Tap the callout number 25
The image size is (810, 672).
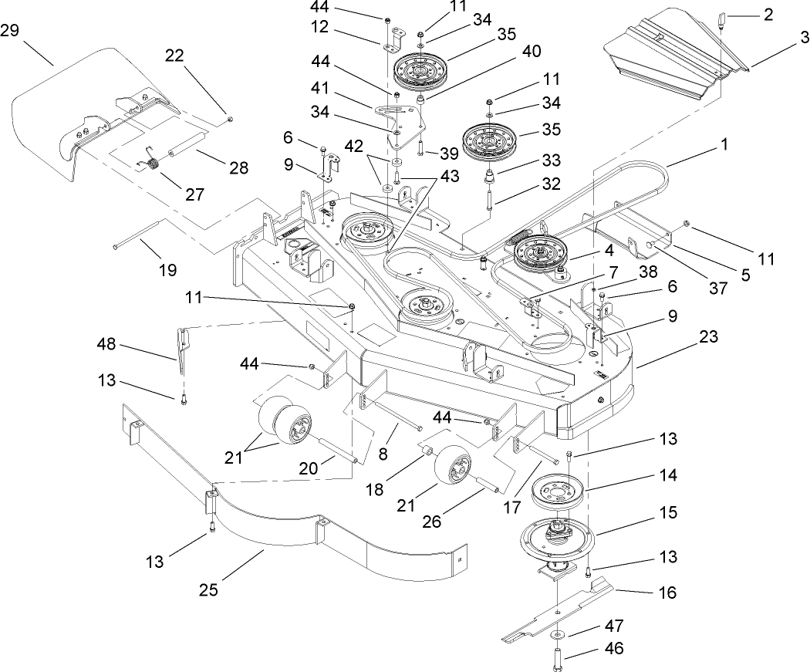209,590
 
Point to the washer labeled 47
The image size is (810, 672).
556,634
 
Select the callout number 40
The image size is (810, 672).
531,51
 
